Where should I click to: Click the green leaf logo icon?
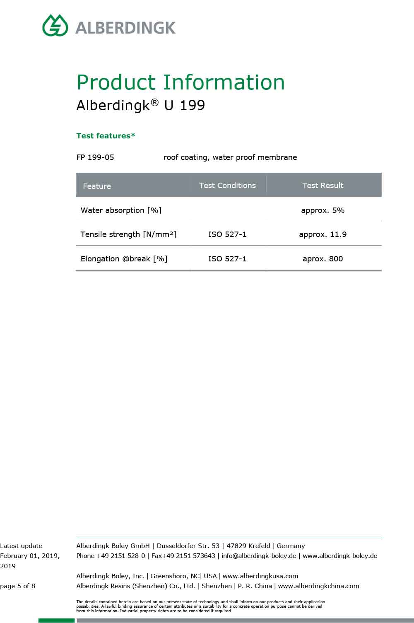pos(55,26)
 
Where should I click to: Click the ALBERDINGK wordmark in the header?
pos(125,28)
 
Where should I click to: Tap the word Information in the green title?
pos(224,82)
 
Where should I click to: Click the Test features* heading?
pos(106,136)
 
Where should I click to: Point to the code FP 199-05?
pos(95,157)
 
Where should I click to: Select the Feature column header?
pos(97,186)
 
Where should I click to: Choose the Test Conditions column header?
pos(227,185)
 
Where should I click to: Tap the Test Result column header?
pos(323,185)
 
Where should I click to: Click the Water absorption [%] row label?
pos(121,210)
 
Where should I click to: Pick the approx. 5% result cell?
pos(323,210)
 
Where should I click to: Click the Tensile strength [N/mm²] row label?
pos(128,234)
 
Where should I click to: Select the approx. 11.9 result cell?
pos(323,234)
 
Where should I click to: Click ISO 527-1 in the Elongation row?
pos(227,259)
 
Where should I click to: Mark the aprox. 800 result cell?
pos(323,259)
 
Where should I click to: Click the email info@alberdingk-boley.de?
pos(259,556)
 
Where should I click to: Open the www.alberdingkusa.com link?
pos(260,576)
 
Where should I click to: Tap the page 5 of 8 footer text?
pos(18,586)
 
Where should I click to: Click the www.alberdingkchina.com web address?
pos(318,586)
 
